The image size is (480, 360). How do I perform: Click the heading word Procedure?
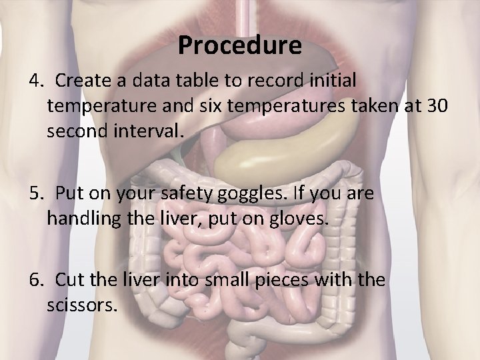240,46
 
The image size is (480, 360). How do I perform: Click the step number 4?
35,81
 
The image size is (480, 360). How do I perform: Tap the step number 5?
35,194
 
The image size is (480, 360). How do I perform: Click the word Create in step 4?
81,81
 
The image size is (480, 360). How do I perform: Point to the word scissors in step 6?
81,306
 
